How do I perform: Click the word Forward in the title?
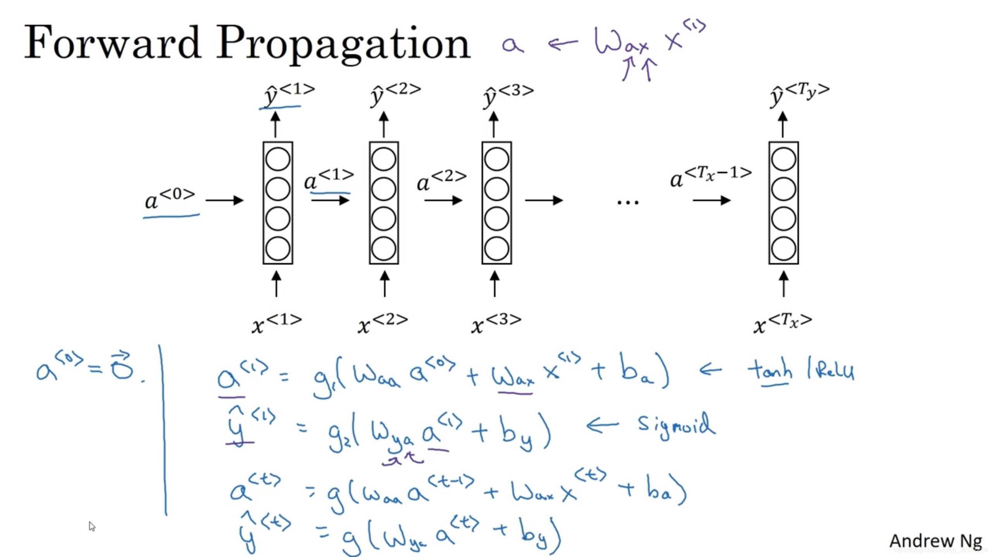112,43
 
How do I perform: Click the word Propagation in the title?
343,44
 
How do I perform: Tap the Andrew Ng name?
935,541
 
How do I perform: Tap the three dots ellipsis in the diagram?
628,202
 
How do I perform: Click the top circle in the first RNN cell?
278,159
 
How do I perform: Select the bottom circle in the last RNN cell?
783,248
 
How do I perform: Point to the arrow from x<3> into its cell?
494,284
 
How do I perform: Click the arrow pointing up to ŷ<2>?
384,124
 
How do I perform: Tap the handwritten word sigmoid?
676,425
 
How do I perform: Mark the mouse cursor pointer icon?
92,526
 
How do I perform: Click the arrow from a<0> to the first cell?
225,200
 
